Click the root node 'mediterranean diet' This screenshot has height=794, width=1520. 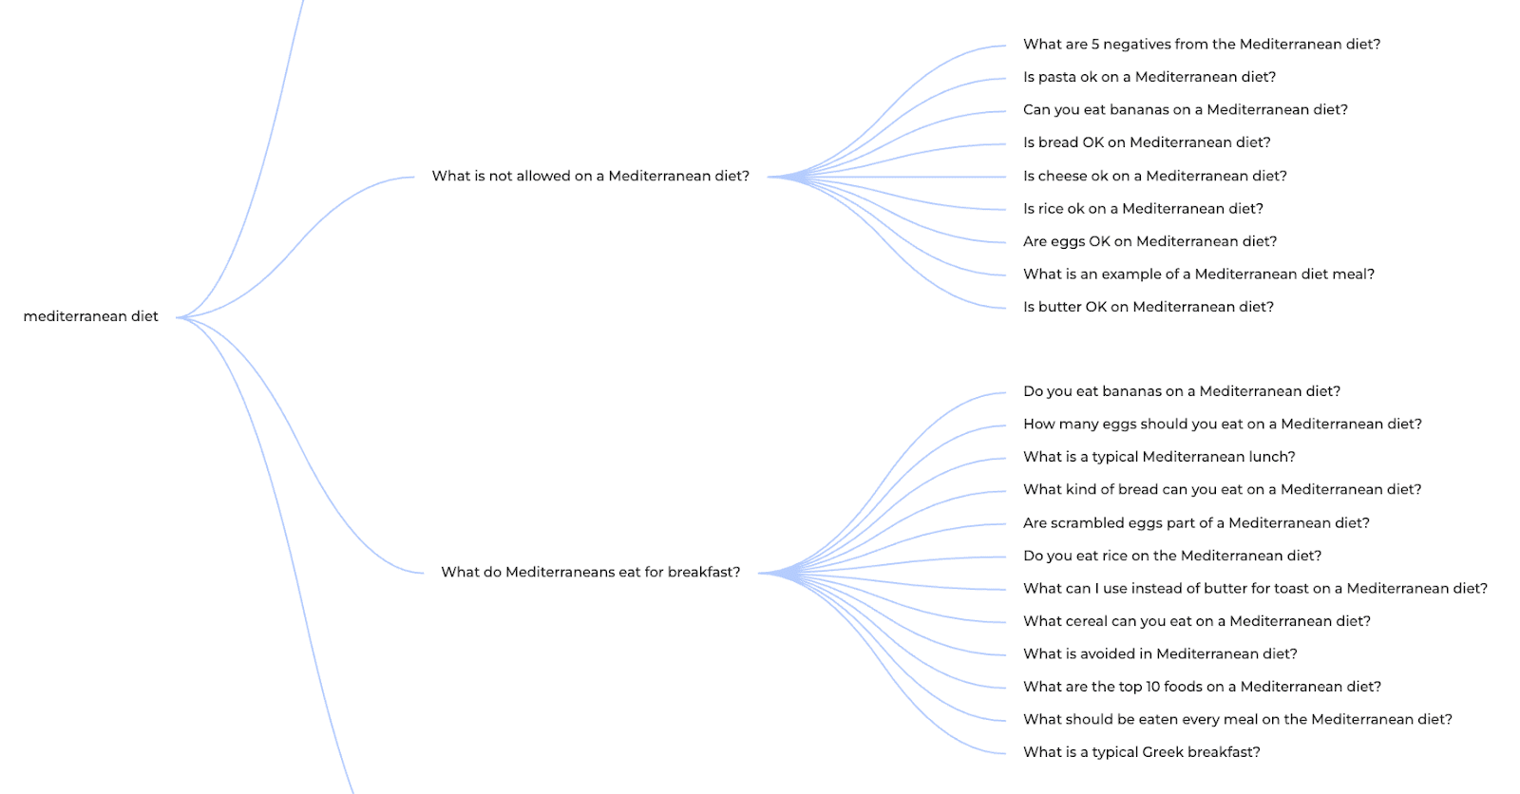(90, 316)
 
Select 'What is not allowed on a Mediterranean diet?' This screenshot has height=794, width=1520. (590, 176)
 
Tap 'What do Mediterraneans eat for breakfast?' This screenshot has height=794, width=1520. (590, 572)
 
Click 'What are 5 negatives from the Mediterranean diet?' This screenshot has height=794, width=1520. (1201, 44)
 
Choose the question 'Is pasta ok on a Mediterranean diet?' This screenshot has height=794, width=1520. (1149, 77)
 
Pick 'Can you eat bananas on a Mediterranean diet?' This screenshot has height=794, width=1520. (1185, 109)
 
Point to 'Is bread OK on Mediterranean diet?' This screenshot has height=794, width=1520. (1146, 142)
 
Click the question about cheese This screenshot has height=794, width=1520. (1154, 176)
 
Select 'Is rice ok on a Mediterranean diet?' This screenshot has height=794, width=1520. (1143, 208)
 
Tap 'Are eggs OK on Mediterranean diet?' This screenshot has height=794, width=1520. (1149, 241)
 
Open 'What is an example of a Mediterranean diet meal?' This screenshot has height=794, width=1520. (1198, 274)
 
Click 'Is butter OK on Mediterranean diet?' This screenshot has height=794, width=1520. (1148, 307)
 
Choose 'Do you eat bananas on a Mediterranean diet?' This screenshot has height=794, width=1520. (1181, 391)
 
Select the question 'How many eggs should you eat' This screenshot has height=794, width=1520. (1222, 424)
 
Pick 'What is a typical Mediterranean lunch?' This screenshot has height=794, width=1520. (1159, 457)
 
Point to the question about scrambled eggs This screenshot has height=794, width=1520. (1195, 522)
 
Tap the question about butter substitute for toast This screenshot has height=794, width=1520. (1254, 588)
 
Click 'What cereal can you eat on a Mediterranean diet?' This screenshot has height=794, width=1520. (1196, 621)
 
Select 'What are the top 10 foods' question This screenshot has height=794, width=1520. (1202, 687)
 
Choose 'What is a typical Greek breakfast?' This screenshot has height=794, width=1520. (1141, 752)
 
